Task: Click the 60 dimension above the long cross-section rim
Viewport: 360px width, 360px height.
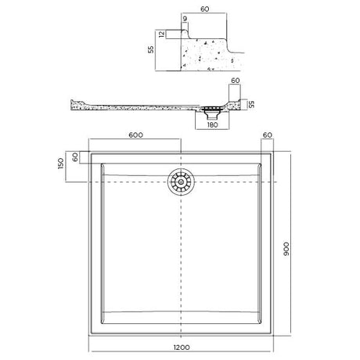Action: [x=235, y=81]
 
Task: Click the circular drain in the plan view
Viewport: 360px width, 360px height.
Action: [x=181, y=182]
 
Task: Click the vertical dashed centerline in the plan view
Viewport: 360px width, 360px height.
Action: [x=182, y=258]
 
